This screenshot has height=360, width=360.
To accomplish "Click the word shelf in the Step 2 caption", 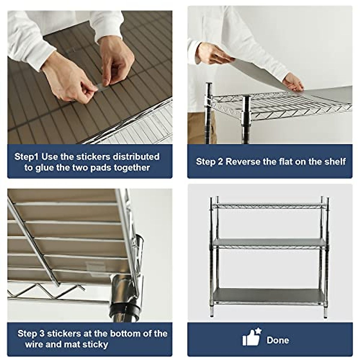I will coord(335,162).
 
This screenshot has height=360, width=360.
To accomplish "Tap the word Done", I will coord(277,340).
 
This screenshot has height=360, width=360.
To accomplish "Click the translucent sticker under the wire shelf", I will coord(95,267).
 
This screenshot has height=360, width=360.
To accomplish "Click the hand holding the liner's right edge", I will coord(293,82).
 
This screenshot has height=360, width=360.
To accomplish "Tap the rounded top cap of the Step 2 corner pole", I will coord(209,85).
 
